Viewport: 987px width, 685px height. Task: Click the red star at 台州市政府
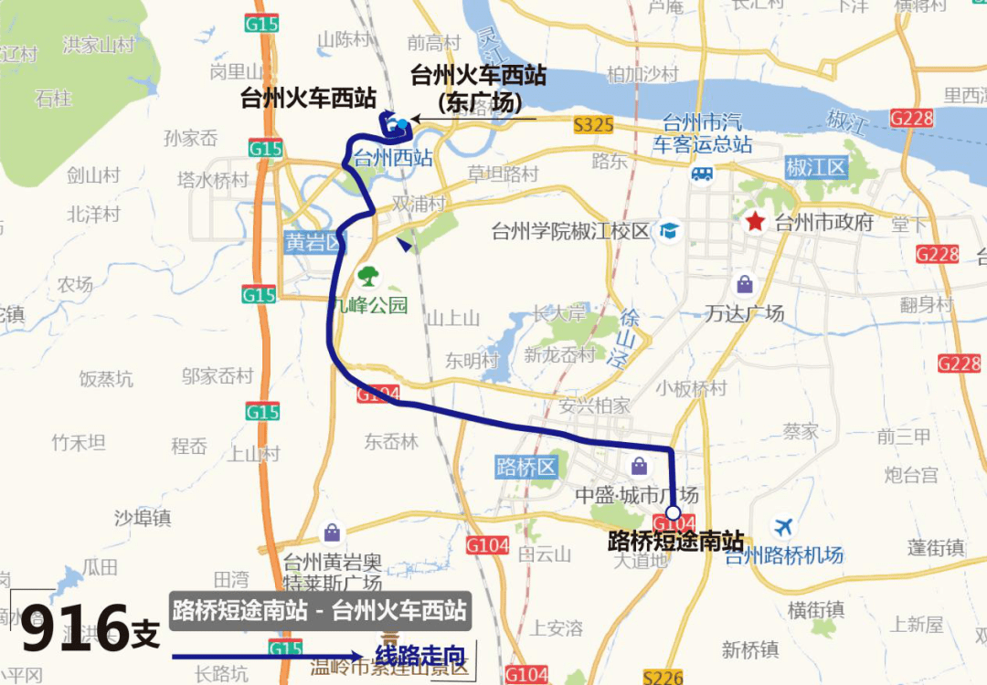(755, 221)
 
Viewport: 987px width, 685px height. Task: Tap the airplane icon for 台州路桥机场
(783, 527)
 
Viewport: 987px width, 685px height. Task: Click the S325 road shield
(593, 126)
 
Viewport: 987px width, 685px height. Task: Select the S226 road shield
(663, 677)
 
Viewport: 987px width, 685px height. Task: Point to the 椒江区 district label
(817, 168)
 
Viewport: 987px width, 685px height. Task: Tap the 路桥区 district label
(526, 468)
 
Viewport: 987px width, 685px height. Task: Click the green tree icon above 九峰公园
(368, 275)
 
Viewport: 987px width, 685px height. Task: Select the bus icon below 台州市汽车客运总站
(702, 174)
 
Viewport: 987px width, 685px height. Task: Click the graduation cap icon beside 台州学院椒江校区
(670, 230)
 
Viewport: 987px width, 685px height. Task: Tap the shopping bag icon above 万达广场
(745, 285)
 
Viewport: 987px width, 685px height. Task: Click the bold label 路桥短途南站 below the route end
(675, 541)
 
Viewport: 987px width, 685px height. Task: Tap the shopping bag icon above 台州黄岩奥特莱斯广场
(331, 532)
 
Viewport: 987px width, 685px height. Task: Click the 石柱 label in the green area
(54, 98)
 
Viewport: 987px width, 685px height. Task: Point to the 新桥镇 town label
(750, 649)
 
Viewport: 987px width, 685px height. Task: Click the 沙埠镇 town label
(143, 518)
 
